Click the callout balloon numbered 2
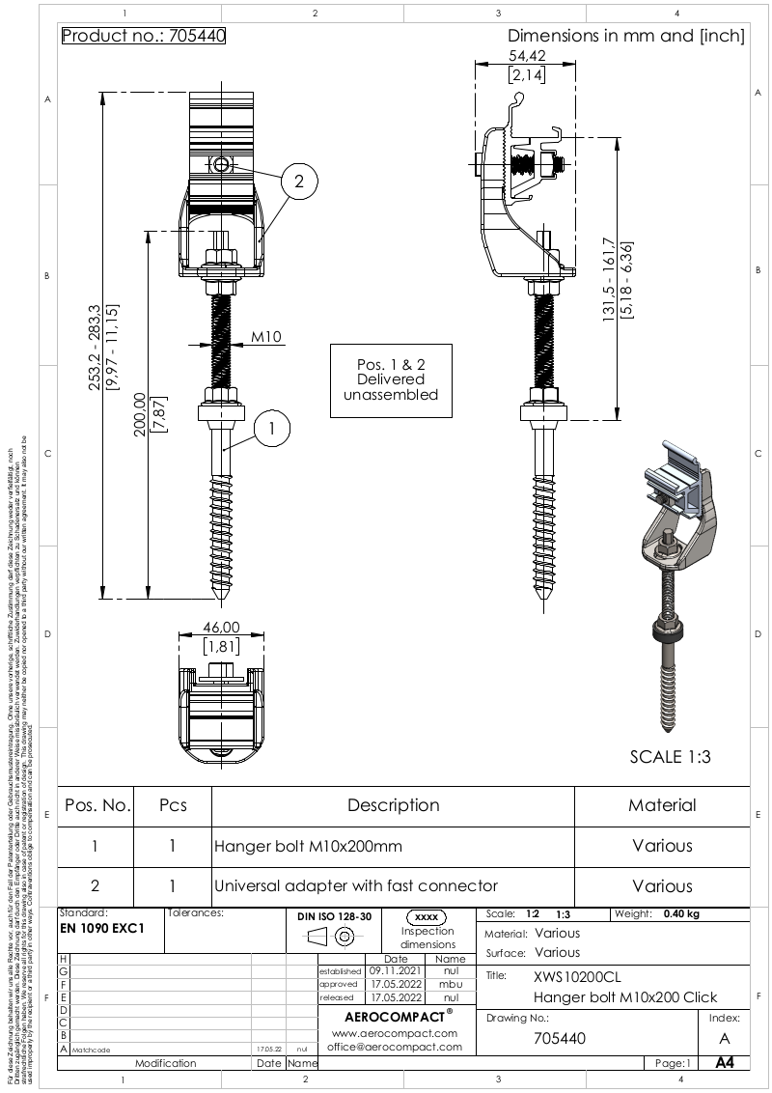(299, 181)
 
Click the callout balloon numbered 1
(273, 428)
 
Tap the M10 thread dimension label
(266, 338)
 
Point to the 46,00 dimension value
(221, 628)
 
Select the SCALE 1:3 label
(670, 757)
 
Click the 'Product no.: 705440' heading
(144, 37)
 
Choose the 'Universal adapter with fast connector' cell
(356, 885)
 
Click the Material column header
(662, 805)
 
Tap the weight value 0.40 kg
(680, 913)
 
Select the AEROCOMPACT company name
(392, 1017)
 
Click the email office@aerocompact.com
(392, 1047)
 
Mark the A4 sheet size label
(725, 1063)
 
